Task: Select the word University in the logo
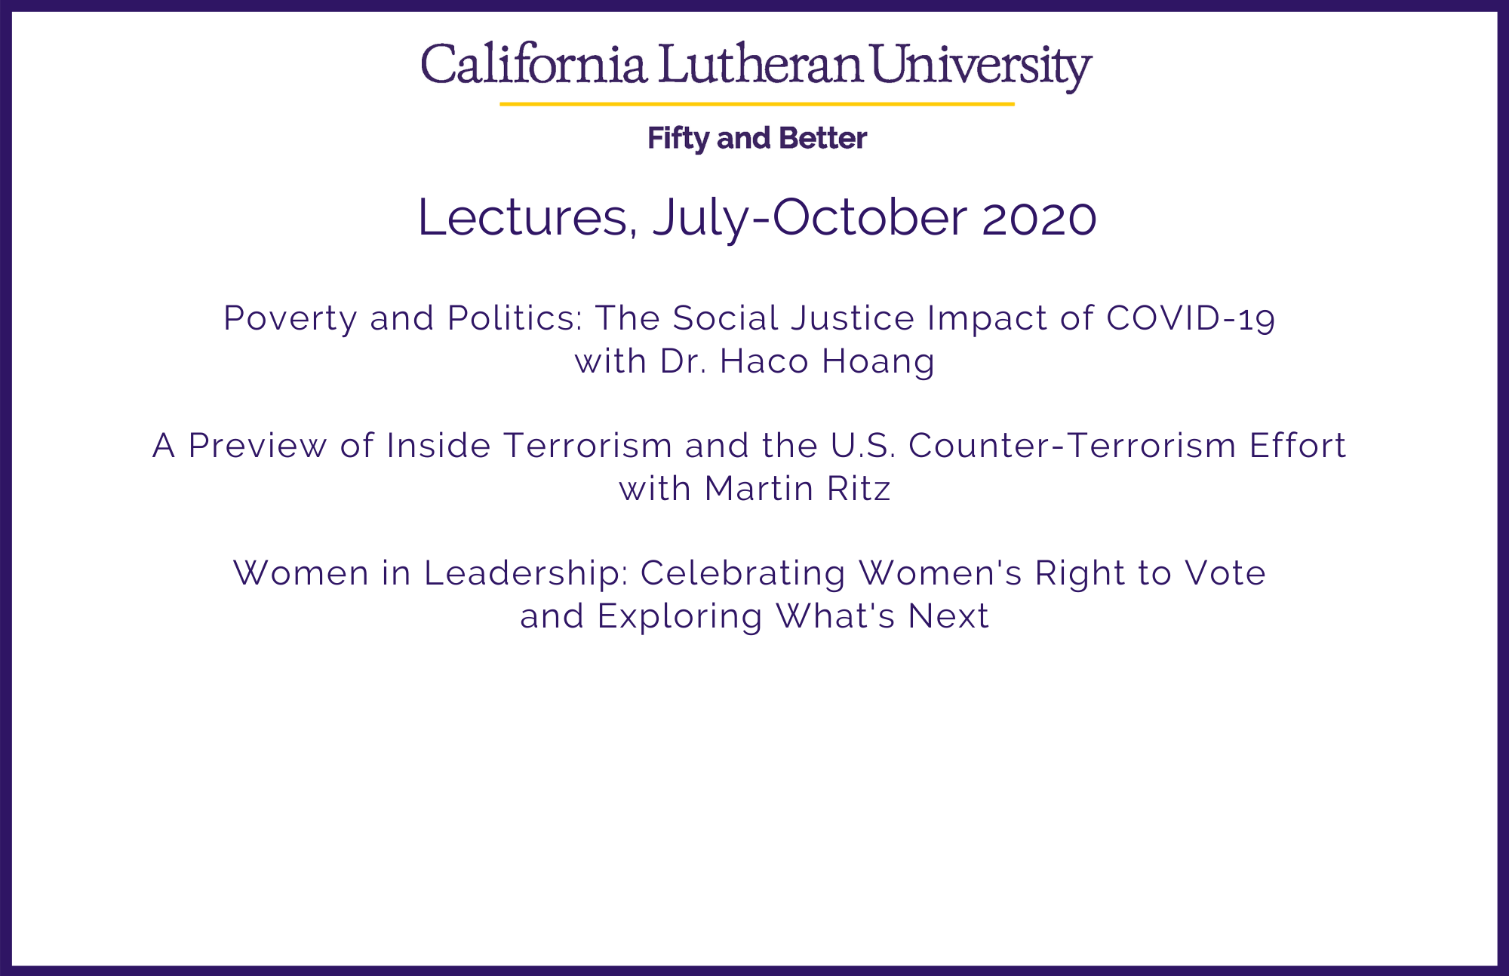click(982, 66)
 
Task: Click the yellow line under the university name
click(757, 103)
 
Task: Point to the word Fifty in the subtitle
click(678, 139)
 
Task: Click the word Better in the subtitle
click(822, 138)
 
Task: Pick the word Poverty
click(290, 319)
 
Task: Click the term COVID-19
click(1191, 318)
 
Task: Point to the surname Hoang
click(878, 362)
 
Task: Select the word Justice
click(853, 318)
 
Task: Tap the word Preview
click(257, 446)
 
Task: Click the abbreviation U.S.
click(863, 446)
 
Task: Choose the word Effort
click(1298, 446)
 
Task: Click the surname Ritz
click(859, 489)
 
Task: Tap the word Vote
click(1225, 573)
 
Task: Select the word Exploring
click(680, 617)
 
